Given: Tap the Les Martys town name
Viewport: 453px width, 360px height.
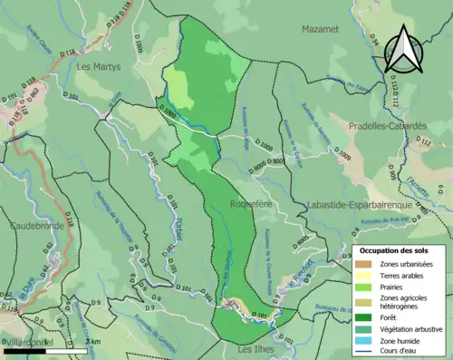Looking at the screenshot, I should click(x=99, y=66).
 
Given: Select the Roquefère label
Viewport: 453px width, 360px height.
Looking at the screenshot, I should click(x=255, y=206).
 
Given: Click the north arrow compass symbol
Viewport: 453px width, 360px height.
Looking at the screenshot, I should click(x=405, y=48).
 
